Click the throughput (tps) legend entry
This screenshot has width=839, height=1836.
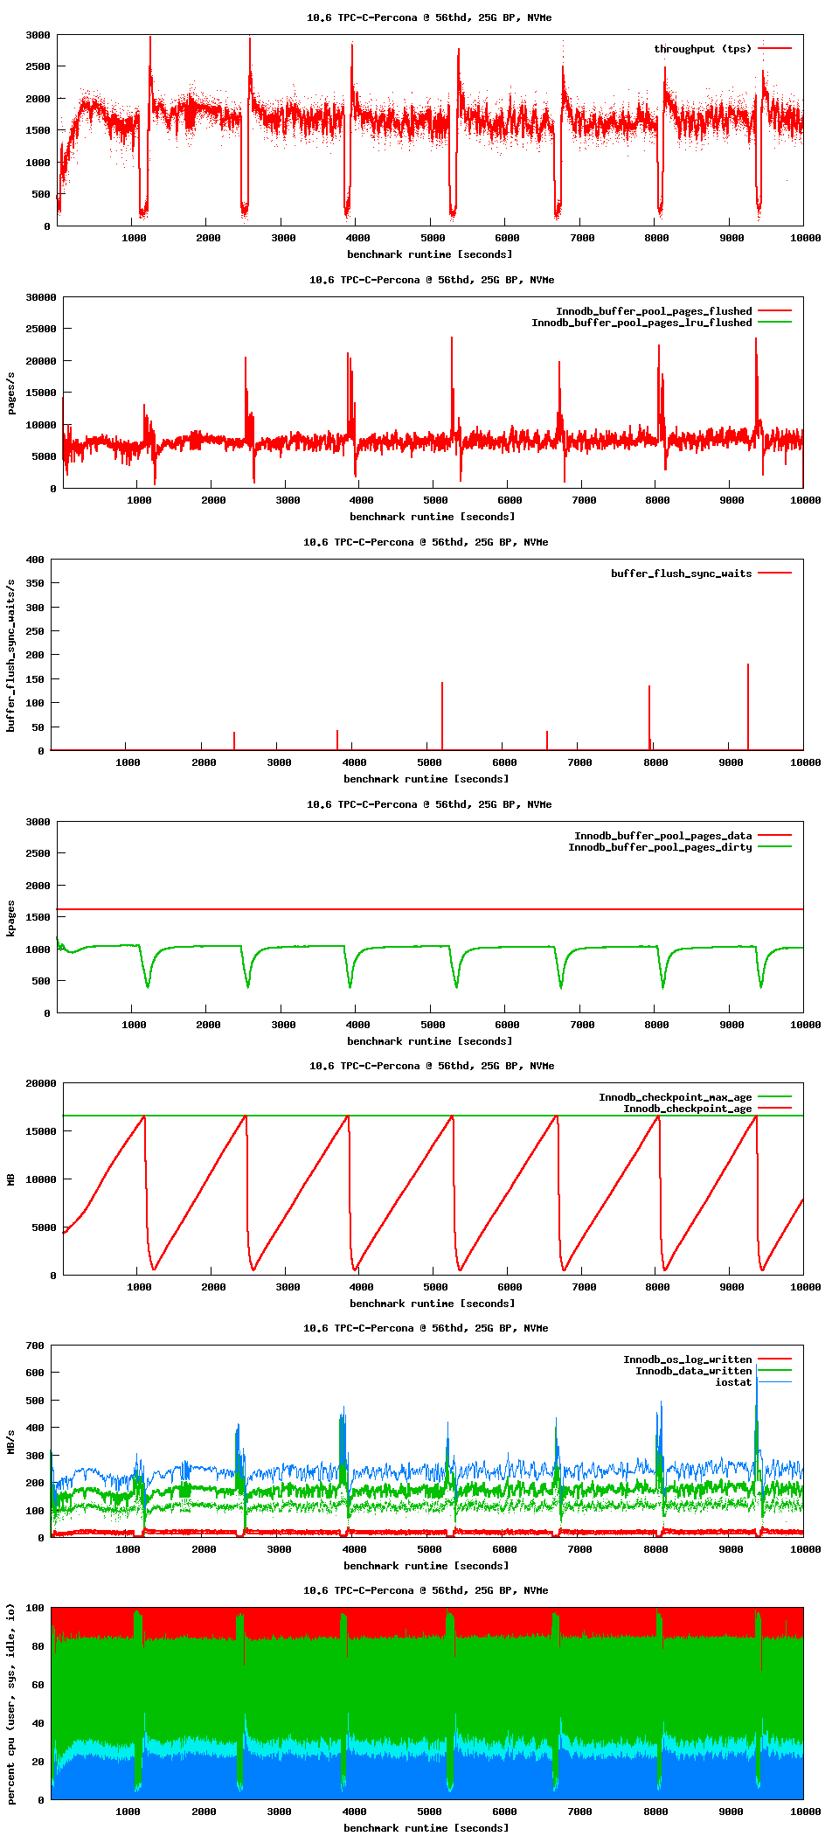702,49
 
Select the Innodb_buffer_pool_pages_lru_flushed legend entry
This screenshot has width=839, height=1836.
641,323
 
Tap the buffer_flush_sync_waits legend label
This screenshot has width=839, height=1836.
681,574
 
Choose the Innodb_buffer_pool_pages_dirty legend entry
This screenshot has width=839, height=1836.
660,847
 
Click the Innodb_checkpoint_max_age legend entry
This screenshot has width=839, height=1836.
675,1097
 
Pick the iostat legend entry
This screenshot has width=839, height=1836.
733,1382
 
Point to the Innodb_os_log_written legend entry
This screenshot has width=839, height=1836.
687,1360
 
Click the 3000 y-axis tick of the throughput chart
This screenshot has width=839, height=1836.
38,35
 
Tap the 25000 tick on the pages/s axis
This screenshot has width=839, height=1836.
40,329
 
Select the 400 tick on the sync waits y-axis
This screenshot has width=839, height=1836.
35,560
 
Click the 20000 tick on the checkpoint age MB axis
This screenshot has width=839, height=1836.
40,1083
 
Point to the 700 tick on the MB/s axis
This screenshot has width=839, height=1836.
35,1346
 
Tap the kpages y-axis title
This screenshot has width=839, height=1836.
11,918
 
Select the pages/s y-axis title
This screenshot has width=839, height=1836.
11,393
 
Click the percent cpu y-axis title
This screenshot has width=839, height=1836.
11,1703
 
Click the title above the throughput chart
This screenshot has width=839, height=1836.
428,17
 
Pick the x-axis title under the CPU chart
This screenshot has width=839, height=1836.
426,1827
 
